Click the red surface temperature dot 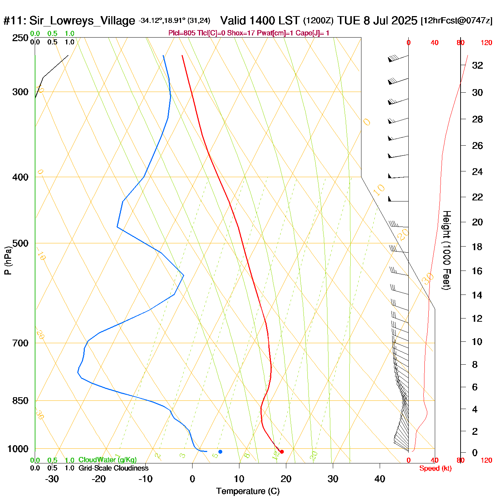tap(282, 452)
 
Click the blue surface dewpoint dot tap(220, 452)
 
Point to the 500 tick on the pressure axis tap(20, 243)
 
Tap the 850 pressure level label tap(20, 401)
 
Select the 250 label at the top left tap(20, 38)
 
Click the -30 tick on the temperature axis tap(52, 479)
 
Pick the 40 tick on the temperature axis tap(380, 479)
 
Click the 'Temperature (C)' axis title tap(248, 491)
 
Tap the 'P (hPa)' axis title tap(8, 261)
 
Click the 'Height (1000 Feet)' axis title tap(447, 250)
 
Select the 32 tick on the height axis tap(477, 65)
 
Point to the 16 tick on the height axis tap(477, 271)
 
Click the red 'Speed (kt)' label tap(436, 468)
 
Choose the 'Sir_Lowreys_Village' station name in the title tap(82, 20)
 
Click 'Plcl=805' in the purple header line tap(182, 33)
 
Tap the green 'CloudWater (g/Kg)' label tap(107, 460)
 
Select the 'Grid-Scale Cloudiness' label tap(113, 468)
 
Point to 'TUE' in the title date tap(349, 20)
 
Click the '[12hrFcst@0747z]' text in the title tap(457, 20)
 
